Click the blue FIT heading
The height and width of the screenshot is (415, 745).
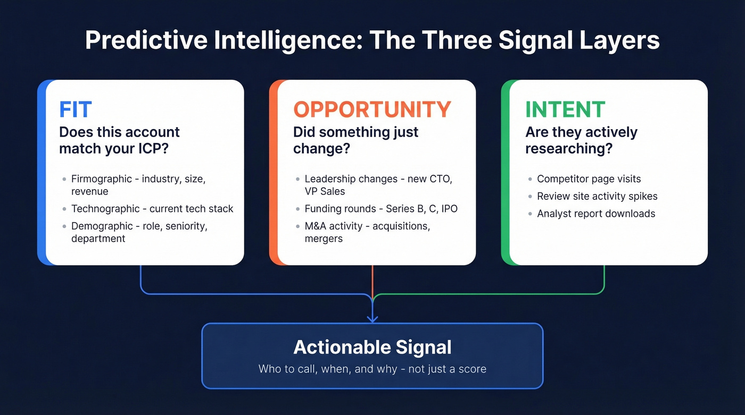click(x=76, y=109)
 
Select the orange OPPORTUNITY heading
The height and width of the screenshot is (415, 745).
click(x=372, y=109)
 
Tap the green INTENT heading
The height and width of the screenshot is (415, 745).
click(x=565, y=109)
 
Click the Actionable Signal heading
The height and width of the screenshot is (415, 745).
click(x=372, y=347)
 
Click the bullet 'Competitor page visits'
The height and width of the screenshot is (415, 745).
click(x=589, y=179)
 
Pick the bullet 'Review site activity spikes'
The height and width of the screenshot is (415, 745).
click(x=597, y=196)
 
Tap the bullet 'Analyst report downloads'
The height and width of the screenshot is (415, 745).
click(x=596, y=214)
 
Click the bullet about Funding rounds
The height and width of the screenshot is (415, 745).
click(x=380, y=209)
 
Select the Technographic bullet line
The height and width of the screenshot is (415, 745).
click(x=152, y=209)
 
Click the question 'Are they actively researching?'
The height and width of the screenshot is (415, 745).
click(x=581, y=140)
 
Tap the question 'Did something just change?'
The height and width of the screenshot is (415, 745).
click(x=355, y=140)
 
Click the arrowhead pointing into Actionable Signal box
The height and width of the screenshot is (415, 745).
click(x=372, y=318)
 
